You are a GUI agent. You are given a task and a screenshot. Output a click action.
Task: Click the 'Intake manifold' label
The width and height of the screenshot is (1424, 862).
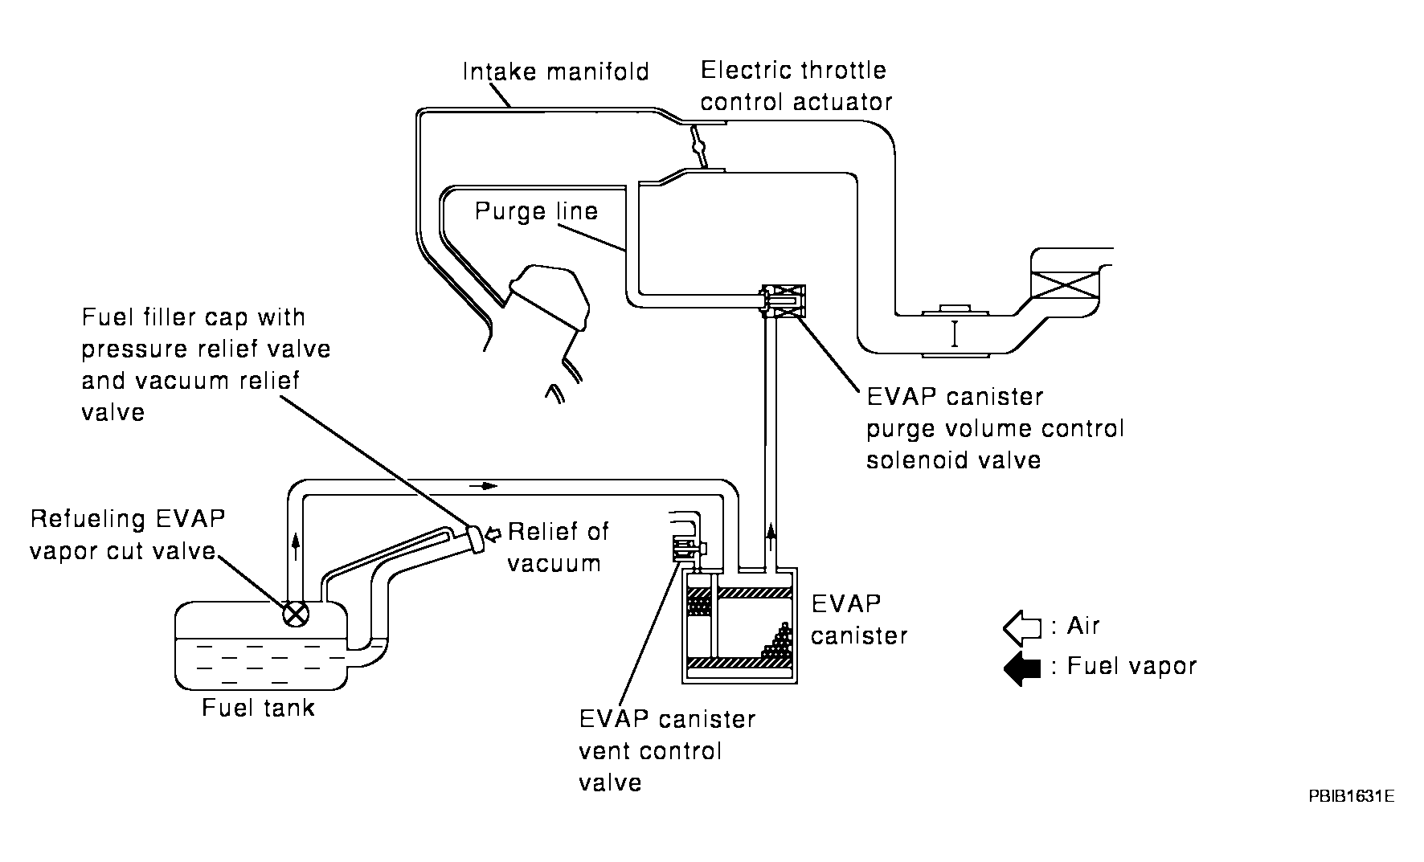(555, 72)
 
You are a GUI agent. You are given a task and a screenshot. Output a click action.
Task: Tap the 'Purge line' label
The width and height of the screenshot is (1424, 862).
(536, 211)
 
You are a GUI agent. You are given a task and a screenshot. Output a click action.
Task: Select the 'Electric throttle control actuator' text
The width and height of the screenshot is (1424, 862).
(796, 86)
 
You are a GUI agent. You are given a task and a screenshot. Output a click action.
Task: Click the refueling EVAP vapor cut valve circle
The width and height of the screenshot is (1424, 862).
(296, 615)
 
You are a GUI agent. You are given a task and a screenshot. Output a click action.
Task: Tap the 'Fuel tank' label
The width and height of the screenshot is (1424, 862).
(258, 708)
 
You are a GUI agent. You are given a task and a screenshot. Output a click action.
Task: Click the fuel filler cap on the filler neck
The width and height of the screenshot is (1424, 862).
(475, 538)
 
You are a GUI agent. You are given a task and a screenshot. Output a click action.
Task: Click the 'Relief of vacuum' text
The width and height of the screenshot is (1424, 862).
(558, 547)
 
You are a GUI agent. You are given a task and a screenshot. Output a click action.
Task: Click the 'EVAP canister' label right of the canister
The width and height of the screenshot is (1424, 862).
(858, 619)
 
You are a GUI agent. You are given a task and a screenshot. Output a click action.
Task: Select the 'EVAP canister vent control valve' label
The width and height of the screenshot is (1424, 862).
(666, 751)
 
